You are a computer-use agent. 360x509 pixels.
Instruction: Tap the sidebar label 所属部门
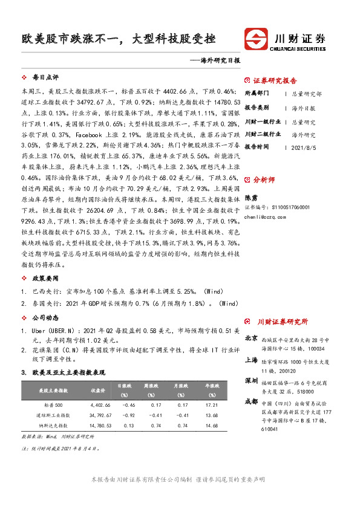257,94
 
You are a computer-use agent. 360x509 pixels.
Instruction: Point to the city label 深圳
250,381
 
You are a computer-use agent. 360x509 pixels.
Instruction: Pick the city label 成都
250,401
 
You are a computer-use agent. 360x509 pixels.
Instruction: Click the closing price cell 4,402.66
99,404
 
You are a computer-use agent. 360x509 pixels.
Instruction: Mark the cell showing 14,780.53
99,426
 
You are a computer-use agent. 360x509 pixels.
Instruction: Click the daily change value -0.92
128,415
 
